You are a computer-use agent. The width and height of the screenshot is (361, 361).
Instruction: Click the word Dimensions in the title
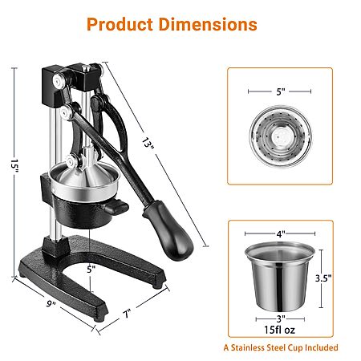point(208,24)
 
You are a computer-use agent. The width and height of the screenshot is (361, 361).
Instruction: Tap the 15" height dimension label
point(14,166)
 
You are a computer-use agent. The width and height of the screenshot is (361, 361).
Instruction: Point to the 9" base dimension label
point(51,303)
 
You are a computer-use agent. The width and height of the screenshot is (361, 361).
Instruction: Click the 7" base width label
point(127,314)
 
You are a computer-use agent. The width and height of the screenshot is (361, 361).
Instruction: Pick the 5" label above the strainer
point(281,91)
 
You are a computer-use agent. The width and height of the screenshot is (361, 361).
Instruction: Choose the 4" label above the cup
point(281,234)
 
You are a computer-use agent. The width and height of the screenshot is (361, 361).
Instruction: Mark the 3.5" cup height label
point(323,278)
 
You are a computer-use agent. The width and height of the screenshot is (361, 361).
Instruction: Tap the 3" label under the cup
point(281,318)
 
